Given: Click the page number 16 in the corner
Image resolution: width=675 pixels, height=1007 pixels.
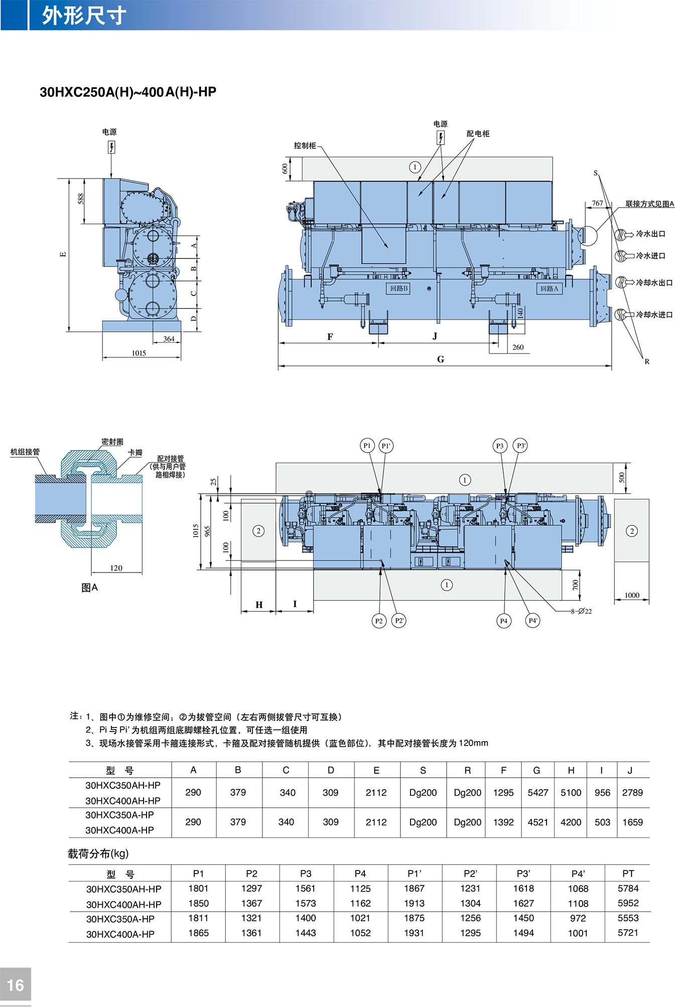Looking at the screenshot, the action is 16,985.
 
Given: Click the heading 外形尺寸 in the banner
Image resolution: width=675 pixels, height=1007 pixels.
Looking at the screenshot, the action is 83,16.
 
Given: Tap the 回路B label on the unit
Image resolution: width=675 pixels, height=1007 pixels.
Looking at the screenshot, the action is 399,289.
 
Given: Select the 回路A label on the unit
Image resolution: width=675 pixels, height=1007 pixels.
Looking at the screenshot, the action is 549,289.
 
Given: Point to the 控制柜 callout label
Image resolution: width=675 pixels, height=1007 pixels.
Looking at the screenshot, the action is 305,146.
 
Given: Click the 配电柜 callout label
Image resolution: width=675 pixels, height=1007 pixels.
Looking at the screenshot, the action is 478,133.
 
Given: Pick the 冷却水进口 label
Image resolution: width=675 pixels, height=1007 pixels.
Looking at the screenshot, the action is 654,315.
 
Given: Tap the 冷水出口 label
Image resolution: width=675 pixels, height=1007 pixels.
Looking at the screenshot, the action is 650,234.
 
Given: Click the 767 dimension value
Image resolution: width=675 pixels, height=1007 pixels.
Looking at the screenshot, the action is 597,203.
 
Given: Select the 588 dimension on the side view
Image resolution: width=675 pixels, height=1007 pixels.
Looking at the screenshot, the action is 81,199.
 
